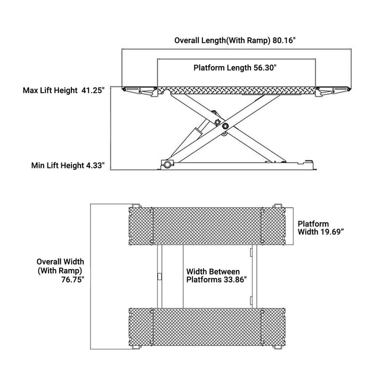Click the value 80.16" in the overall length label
[x=284, y=40]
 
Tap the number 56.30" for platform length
[x=265, y=68]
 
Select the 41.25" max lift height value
[x=93, y=91]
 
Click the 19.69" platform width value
[x=332, y=232]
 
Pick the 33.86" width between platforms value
[x=235, y=279]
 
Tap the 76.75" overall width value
[x=72, y=279]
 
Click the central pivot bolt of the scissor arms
[x=225, y=126]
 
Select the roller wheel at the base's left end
[x=167, y=164]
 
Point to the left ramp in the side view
[x=140, y=91]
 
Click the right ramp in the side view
[x=333, y=91]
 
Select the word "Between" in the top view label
[x=225, y=271]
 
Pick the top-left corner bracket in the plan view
[x=136, y=206]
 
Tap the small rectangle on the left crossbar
[x=160, y=277]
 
